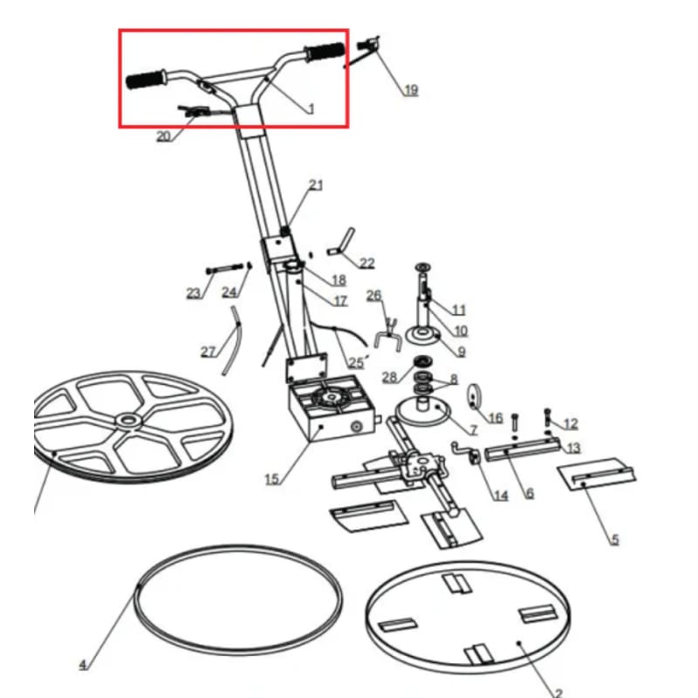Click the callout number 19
pyautogui.click(x=410, y=89)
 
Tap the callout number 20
pyautogui.click(x=163, y=136)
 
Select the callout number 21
pyautogui.click(x=316, y=185)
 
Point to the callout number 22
pyautogui.click(x=366, y=263)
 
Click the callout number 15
pyautogui.click(x=271, y=479)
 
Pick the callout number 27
pyautogui.click(x=208, y=352)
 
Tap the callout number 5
pyautogui.click(x=614, y=540)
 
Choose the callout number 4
pyautogui.click(x=83, y=666)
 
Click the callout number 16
pyautogui.click(x=495, y=418)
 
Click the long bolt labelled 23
pyautogui.click(x=224, y=268)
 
